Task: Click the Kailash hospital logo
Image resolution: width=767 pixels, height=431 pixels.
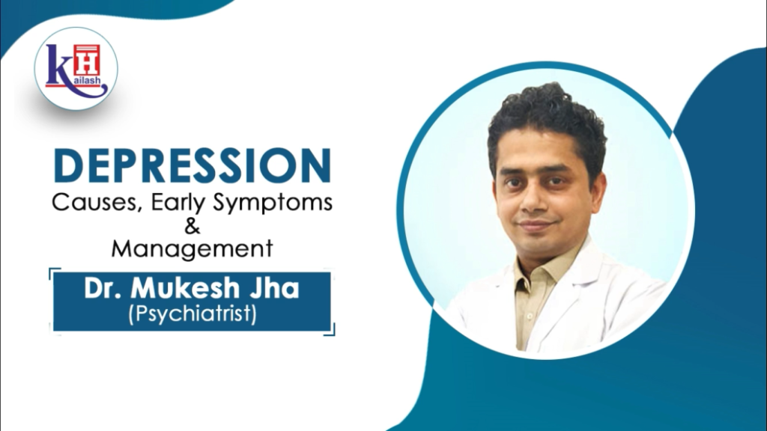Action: point(76,69)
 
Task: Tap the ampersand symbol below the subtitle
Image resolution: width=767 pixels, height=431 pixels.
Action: point(192,226)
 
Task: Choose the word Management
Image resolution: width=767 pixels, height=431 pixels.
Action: point(192,248)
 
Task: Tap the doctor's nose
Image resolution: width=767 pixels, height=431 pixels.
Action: point(536,203)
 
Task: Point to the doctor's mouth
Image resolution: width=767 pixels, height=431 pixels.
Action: point(538,225)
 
